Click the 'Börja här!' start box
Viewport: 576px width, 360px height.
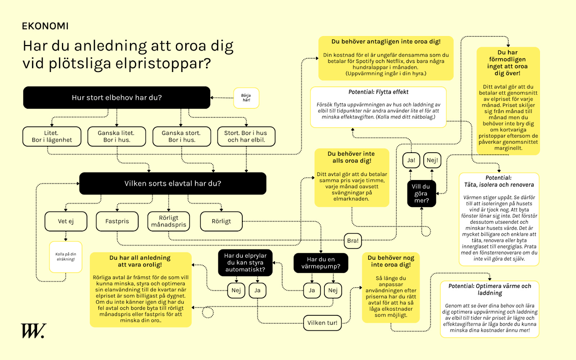tap(246, 98)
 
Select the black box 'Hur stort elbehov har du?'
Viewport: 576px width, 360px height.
tap(117, 98)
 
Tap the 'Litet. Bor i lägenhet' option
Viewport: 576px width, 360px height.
tap(52, 136)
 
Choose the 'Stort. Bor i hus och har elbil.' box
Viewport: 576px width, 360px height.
tap(246, 136)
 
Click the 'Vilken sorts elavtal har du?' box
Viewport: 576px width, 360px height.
tap(173, 184)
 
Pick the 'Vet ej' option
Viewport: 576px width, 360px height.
tap(66, 221)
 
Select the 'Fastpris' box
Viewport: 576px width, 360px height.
tap(117, 221)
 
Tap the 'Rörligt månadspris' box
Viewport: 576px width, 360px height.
tap(168, 221)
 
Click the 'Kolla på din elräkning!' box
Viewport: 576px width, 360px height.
tap(66, 257)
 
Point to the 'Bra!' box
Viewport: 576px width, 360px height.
tap(353, 240)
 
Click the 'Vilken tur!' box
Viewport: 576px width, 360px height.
tap(322, 323)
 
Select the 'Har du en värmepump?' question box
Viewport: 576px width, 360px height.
tap(321, 263)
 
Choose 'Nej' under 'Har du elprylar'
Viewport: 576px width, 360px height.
tap(236, 291)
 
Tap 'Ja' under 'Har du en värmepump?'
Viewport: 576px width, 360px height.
tap(312, 291)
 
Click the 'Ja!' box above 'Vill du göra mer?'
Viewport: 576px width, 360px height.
tap(411, 160)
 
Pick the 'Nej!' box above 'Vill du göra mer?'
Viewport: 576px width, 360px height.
tap(432, 160)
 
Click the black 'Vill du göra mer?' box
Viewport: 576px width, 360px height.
tap(421, 194)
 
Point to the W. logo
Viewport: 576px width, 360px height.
tap(33, 331)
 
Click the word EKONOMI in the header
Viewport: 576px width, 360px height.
tap(45, 26)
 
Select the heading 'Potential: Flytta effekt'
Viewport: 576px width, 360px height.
tap(378, 92)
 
